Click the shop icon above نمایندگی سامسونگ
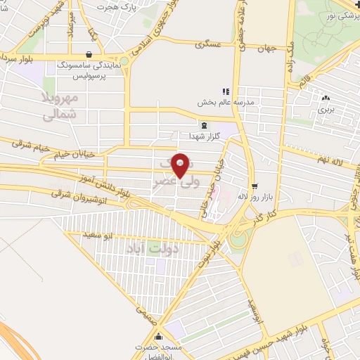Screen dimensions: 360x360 (x=87, y=53)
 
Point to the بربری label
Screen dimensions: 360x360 (x=325, y=110)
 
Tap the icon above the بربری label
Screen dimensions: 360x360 (x=325, y=98)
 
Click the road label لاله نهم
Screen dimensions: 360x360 (x=330, y=160)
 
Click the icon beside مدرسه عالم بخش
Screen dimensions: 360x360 (x=226, y=91)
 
